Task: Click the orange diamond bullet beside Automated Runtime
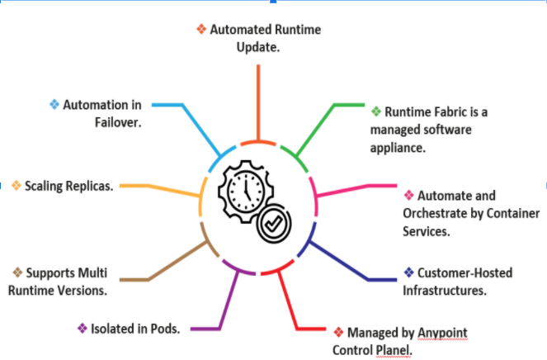click(201, 29)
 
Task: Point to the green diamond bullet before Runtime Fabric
click(376, 111)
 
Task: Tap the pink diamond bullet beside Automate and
click(408, 196)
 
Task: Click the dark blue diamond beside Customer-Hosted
click(408, 272)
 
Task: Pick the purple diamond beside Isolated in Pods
click(82, 328)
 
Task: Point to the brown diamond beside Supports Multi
click(17, 272)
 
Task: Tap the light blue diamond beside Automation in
click(54, 105)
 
